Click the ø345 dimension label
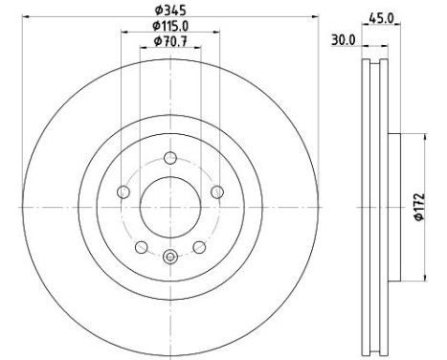(170, 11)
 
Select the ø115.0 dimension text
(170, 26)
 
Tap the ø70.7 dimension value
(170, 41)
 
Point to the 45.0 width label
(381, 18)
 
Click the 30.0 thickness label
(343, 40)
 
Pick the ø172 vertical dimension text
(419, 207)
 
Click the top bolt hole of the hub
(170, 158)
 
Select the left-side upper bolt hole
(123, 192)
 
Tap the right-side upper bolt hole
(217, 192)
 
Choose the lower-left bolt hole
(142, 247)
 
